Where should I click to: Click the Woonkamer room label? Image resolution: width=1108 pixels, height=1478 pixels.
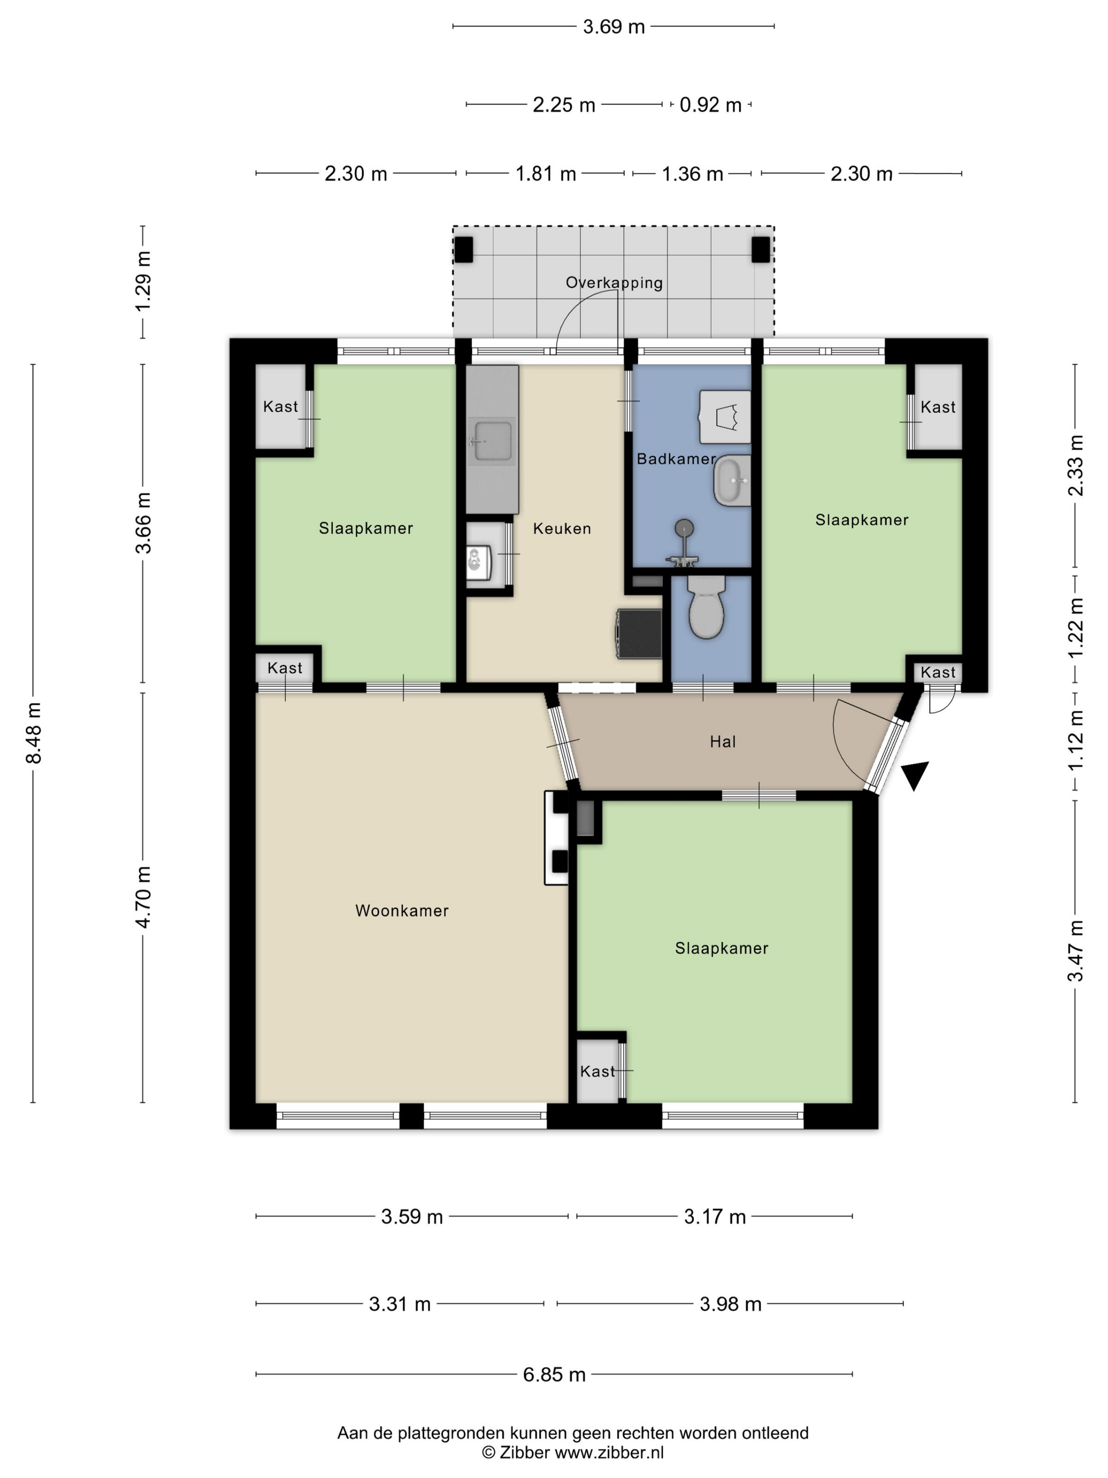pyautogui.click(x=402, y=910)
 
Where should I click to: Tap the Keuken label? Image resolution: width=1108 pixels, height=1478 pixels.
pyautogui.click(x=562, y=528)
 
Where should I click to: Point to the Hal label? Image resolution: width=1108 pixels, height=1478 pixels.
pyautogui.click(x=723, y=741)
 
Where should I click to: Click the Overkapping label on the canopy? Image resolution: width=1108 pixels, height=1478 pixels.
pyautogui.click(x=614, y=282)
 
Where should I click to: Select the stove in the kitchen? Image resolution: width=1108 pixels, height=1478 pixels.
pyautogui.click(x=639, y=633)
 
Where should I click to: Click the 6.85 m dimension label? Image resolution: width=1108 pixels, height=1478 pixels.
pyautogui.click(x=553, y=1375)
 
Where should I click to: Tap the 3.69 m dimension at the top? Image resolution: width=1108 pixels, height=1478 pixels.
pyautogui.click(x=614, y=27)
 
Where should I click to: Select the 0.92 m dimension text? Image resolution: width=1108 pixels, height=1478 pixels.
pyautogui.click(x=711, y=105)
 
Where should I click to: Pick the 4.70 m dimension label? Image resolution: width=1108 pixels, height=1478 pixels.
pyautogui.click(x=143, y=897)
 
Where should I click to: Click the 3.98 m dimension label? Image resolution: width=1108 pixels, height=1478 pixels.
pyautogui.click(x=731, y=1304)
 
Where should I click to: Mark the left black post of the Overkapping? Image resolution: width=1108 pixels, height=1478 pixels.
pyautogui.click(x=463, y=250)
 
